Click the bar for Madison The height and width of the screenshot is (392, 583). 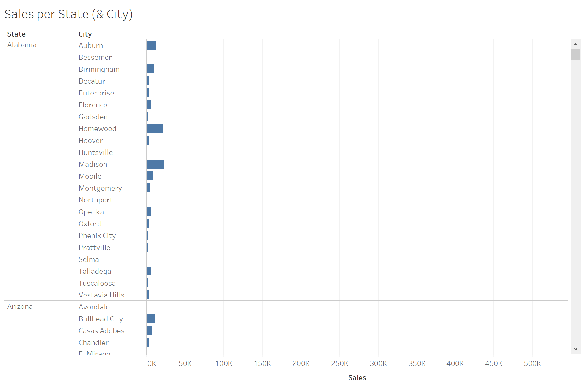155,164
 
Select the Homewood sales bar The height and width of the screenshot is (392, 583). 155,128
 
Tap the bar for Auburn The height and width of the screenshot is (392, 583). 151,45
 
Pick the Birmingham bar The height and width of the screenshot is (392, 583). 150,69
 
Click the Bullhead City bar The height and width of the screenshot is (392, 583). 151,319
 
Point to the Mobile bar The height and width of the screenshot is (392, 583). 150,176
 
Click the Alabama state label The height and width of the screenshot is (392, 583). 22,45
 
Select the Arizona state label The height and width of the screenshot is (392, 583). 20,306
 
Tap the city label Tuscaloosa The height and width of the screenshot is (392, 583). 97,283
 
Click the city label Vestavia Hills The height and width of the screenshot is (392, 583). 101,295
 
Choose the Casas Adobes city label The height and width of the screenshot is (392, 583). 101,331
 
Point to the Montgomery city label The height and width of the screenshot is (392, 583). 100,188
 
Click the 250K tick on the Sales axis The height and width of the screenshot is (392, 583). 340,363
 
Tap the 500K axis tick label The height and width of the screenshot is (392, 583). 532,363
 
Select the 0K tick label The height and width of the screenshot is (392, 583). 152,363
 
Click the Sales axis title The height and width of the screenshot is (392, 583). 357,377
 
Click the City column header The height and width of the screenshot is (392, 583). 85,34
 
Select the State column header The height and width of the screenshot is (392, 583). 16,34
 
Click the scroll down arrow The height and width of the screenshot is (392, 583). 576,349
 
